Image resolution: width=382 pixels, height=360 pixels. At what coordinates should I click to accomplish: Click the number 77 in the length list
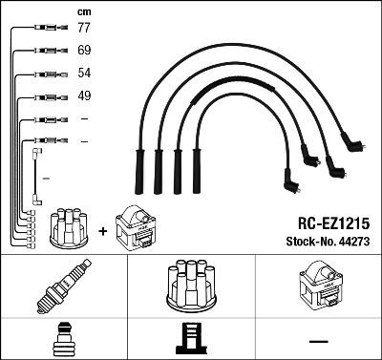tap(84, 29)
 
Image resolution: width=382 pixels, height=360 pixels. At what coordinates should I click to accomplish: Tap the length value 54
tap(84, 74)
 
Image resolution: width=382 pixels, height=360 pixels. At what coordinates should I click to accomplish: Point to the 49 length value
tap(84, 95)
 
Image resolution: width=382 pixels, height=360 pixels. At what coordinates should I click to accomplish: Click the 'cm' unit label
tap(83, 11)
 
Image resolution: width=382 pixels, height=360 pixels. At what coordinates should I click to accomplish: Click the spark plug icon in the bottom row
tap(63, 286)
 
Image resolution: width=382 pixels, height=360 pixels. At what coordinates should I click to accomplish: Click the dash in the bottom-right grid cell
tap(318, 339)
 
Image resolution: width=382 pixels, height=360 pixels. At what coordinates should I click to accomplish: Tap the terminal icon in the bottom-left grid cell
tap(63, 339)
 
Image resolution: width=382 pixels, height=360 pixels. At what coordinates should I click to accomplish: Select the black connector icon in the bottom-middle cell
tap(190, 339)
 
